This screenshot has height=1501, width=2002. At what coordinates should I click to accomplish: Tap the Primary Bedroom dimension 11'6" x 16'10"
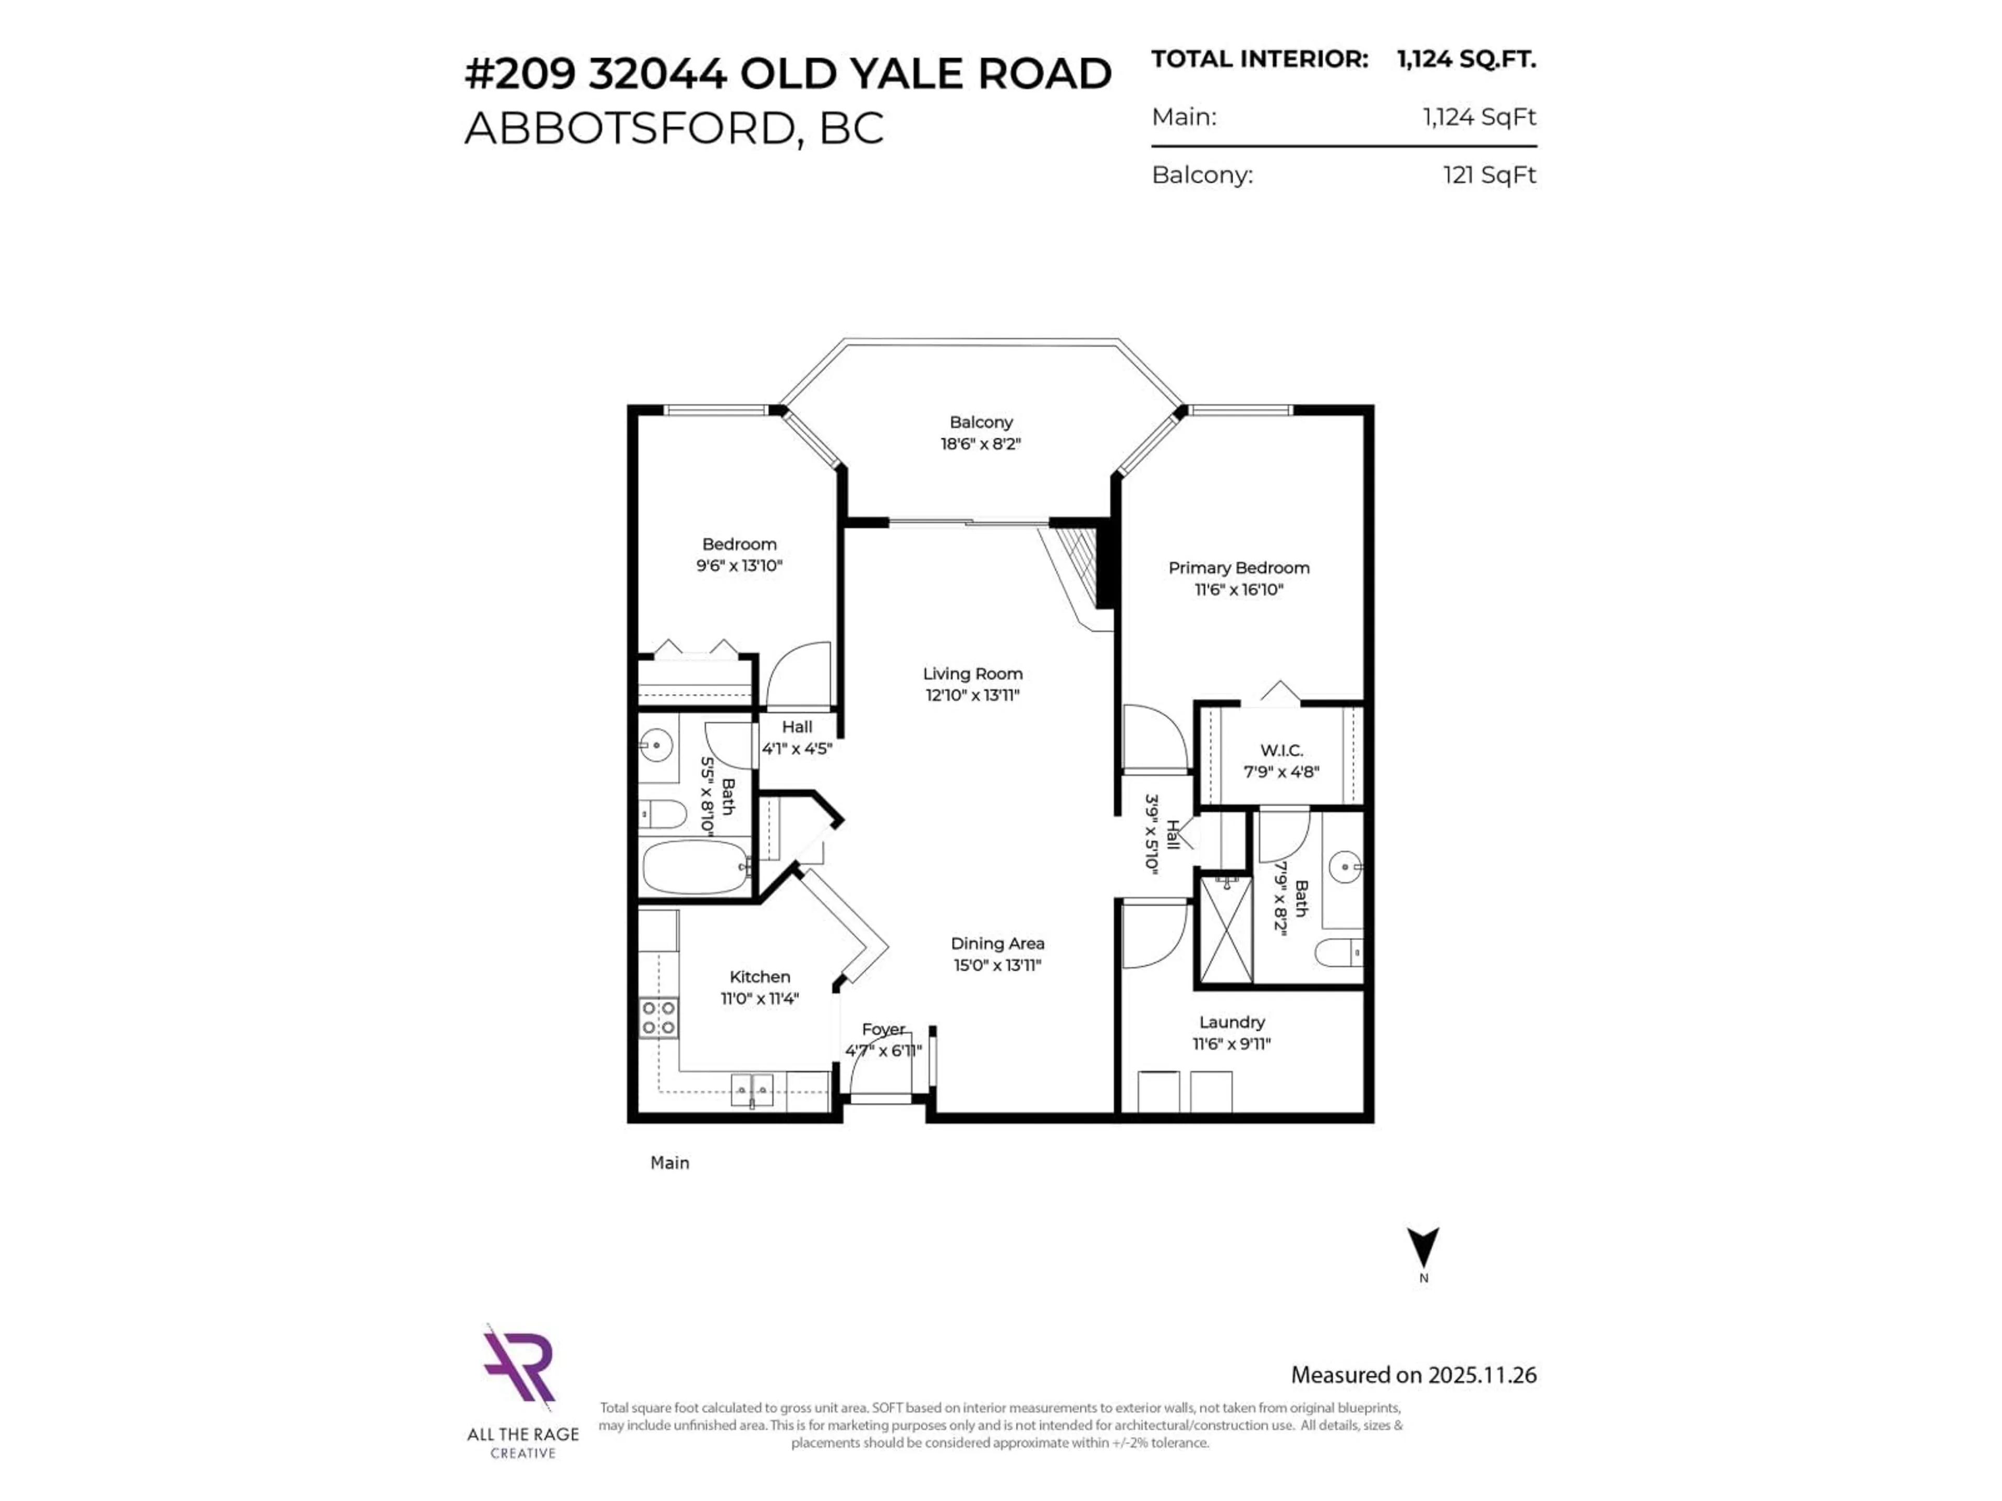(x=1238, y=589)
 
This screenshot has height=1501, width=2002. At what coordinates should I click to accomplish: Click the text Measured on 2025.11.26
(x=1413, y=1374)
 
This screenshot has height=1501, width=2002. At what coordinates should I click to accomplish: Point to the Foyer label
(x=883, y=1029)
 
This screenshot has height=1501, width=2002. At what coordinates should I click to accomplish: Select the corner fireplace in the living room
(x=1082, y=574)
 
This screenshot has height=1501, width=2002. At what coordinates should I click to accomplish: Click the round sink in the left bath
(x=654, y=745)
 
